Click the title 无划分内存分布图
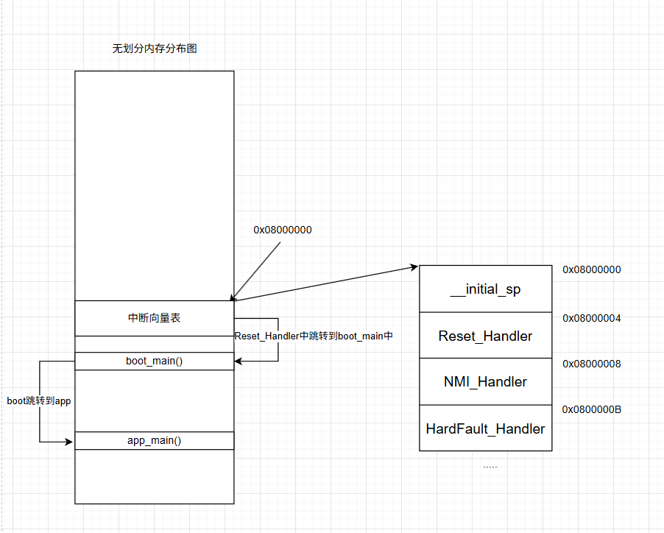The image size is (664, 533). [x=155, y=49]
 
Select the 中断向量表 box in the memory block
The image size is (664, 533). [x=155, y=318]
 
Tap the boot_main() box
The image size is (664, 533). [x=155, y=361]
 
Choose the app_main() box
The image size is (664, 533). [x=155, y=440]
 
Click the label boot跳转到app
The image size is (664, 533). [x=39, y=401]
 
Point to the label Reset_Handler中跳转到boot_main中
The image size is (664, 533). [x=314, y=336]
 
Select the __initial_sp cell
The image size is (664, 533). [x=485, y=289]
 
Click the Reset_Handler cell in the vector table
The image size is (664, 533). [x=485, y=336]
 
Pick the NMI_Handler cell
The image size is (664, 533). [x=485, y=381]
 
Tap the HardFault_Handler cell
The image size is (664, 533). [x=485, y=428]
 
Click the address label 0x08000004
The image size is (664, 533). [x=592, y=319]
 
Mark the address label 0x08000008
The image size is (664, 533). [x=592, y=364]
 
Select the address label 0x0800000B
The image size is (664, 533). [x=592, y=409]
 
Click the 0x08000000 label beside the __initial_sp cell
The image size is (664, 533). [x=592, y=269]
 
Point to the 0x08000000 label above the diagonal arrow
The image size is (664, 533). [x=283, y=230]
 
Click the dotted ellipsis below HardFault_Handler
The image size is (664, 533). [x=490, y=467]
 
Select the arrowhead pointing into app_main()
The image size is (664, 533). [x=69, y=442]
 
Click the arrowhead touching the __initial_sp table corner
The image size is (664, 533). [x=414, y=266]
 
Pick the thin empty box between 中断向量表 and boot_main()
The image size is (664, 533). [x=155, y=344]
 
